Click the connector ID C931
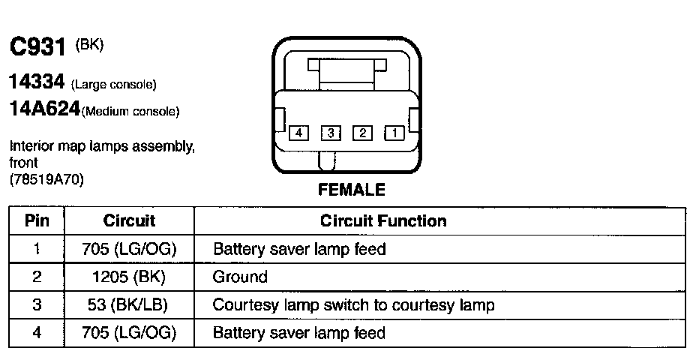tap(39, 48)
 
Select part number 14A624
tap(44, 109)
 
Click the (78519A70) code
tap(47, 179)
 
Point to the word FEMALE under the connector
tap(352, 190)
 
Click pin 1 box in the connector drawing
tap(394, 133)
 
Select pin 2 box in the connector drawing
tap(362, 133)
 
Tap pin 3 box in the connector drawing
tap(330, 133)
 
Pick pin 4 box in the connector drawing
tap(298, 133)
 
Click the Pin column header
tap(37, 220)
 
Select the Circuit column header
tap(129, 220)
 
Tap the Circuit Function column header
tap(383, 220)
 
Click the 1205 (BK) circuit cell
tap(129, 277)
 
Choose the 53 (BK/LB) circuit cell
tap(129, 305)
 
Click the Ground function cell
tap(240, 277)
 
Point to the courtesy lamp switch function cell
tap(353, 305)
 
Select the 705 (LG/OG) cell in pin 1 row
tap(129, 249)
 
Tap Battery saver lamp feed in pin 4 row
tap(299, 333)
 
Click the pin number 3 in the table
tap(37, 305)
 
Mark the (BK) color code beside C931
tap(89, 45)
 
